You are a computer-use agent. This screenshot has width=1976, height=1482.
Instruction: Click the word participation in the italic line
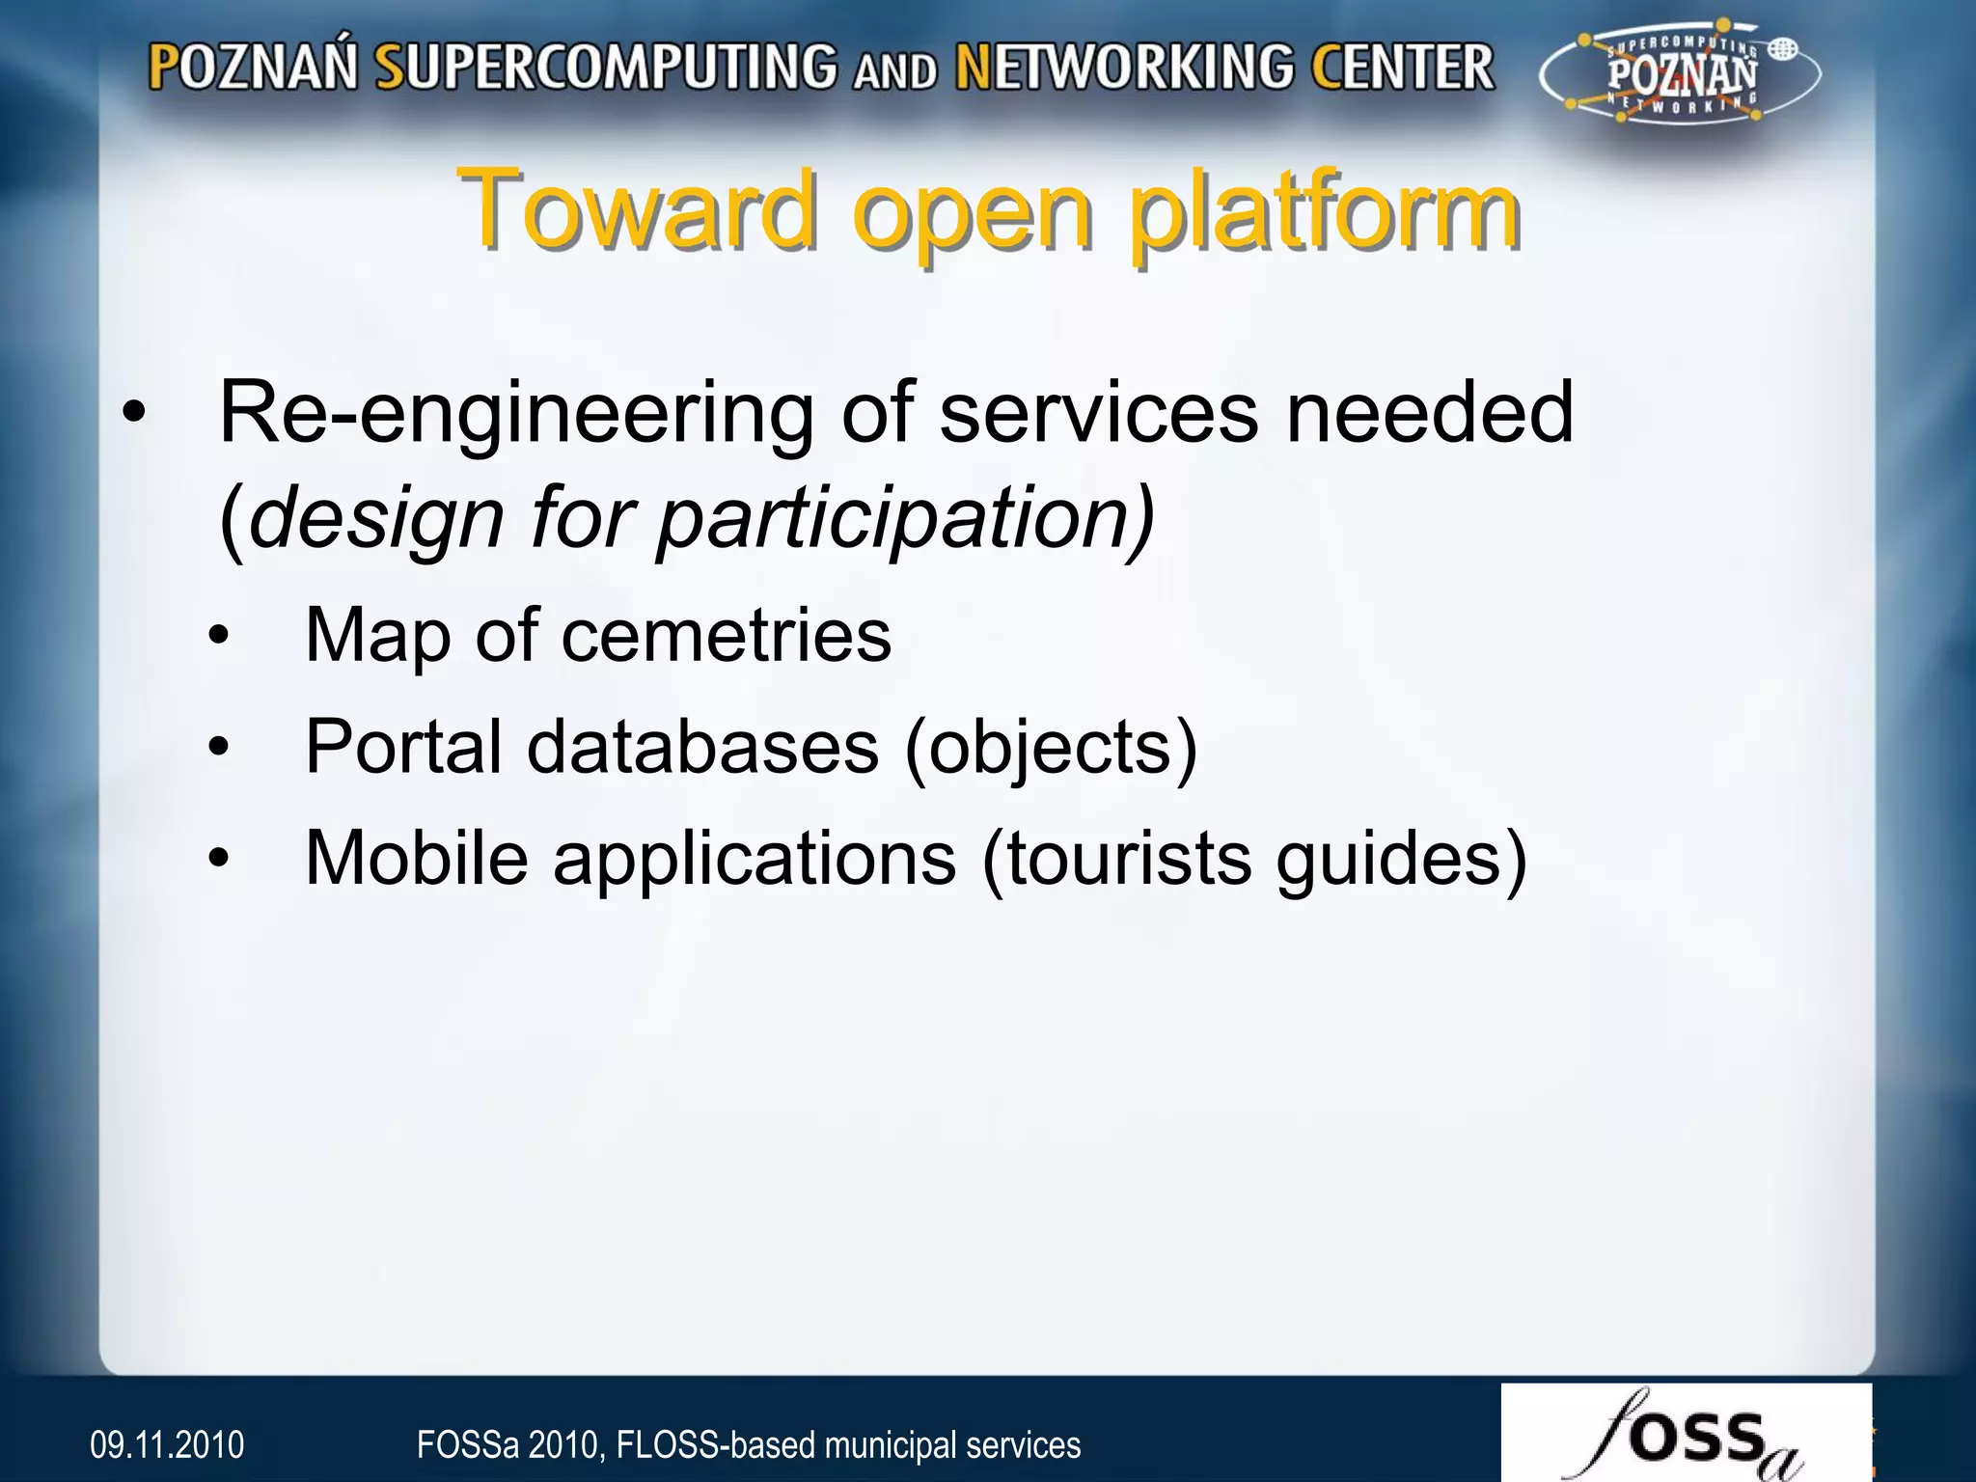(x=905, y=518)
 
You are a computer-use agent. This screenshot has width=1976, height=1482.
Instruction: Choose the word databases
(x=702, y=747)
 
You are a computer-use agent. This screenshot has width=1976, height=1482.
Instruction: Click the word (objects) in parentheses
(x=1051, y=749)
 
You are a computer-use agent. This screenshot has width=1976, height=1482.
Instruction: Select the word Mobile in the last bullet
(x=416, y=858)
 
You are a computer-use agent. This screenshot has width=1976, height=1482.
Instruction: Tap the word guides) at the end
(x=1401, y=860)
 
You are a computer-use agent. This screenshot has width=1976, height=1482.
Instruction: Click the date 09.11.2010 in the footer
(x=167, y=1445)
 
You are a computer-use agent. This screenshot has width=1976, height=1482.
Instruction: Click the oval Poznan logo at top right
(x=1679, y=76)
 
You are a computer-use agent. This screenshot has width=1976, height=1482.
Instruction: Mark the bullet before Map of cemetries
(x=220, y=636)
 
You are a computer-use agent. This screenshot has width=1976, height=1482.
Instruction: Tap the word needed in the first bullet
(x=1430, y=413)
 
